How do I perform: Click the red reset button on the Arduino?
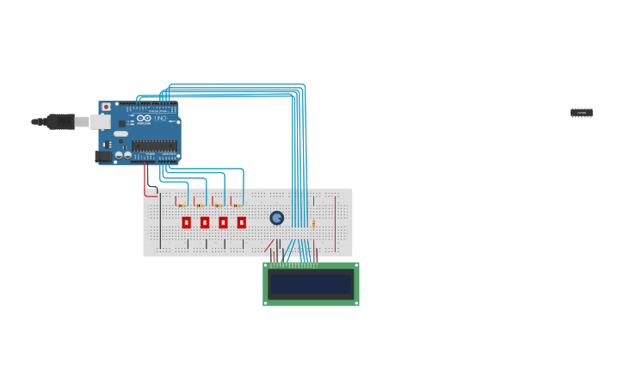pos(106,108)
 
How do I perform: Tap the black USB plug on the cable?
pos(59,121)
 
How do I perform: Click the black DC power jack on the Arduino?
pos(103,157)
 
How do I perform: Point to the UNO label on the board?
pos(159,118)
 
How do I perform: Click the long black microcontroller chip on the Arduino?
pos(154,145)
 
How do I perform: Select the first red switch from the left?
pos(186,222)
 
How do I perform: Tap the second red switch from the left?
pos(205,222)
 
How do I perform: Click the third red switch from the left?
pos(223,222)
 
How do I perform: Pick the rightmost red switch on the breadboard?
pos(241,222)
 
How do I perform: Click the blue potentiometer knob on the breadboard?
pos(276,218)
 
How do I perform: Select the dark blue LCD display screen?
pos(311,284)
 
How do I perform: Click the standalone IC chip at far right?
pos(581,113)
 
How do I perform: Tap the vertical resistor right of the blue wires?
pos(313,224)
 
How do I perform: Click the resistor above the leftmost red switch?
pos(181,205)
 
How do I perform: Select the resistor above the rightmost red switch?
pos(236,205)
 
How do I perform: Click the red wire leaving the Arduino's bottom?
pos(145,176)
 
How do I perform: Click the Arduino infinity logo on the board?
pos(144,118)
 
